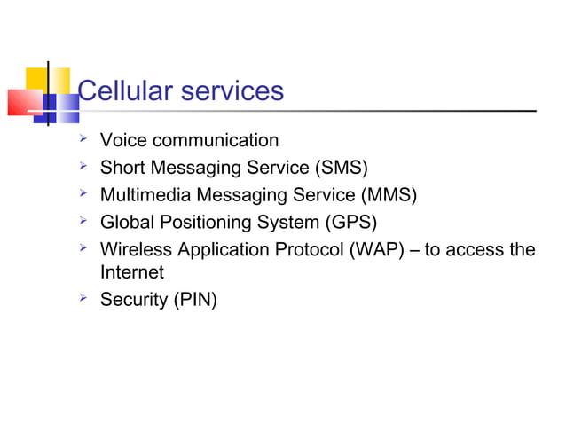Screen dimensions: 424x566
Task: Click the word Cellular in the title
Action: tap(126, 90)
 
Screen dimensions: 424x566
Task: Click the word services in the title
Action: tap(232, 90)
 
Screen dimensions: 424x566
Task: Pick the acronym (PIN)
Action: tap(193, 300)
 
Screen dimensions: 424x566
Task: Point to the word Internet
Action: tap(131, 273)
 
